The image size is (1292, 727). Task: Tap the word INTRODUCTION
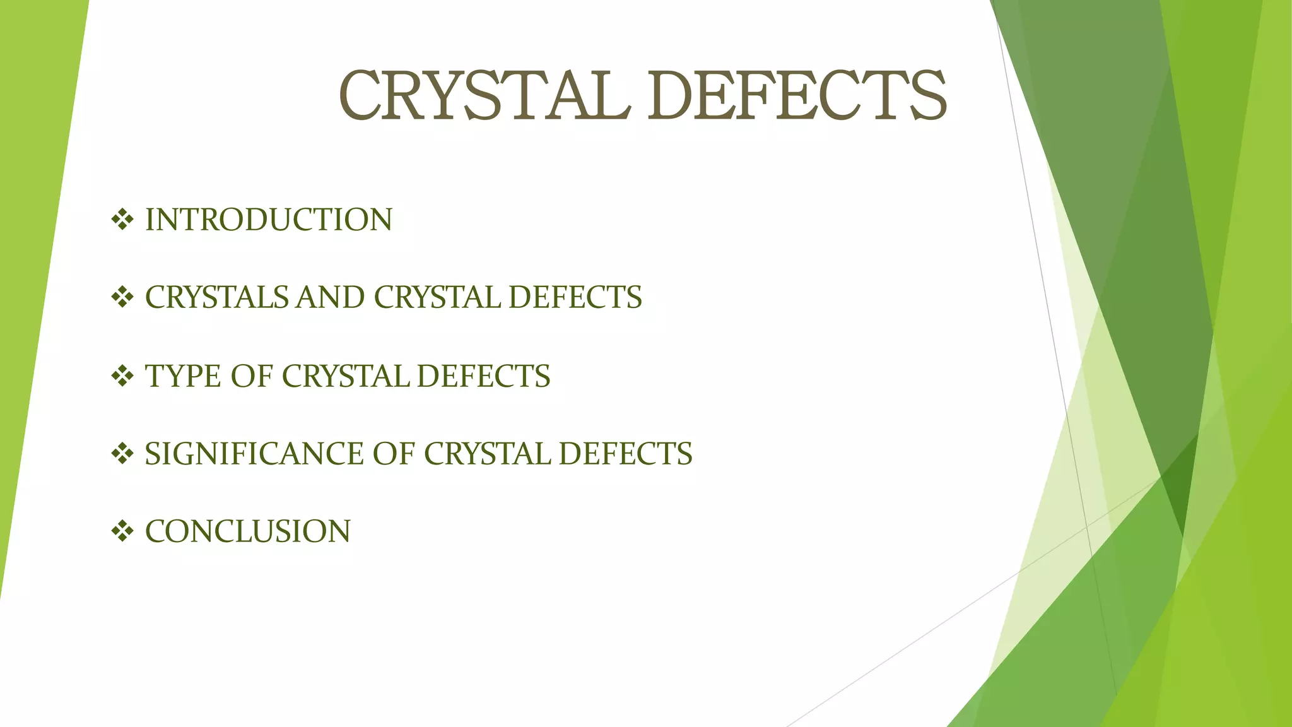pos(269,220)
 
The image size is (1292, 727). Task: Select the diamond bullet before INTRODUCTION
pos(122,220)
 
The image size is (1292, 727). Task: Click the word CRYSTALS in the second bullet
pos(216,297)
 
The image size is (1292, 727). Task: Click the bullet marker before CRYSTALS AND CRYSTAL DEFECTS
pos(122,297)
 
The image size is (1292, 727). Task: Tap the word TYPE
pos(183,376)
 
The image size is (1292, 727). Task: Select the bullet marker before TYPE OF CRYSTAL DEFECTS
pos(122,376)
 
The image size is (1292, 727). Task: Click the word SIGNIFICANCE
pos(254,454)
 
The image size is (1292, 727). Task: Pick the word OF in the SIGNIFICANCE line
pos(393,454)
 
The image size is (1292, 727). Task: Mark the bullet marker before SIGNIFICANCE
pos(122,454)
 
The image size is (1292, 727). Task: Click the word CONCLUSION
pos(248,531)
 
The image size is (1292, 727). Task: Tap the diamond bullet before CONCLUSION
pos(122,531)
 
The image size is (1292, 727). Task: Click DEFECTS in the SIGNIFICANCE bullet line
pos(625,454)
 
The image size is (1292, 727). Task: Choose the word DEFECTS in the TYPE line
pos(483,376)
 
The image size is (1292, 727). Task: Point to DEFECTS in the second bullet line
pos(575,297)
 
